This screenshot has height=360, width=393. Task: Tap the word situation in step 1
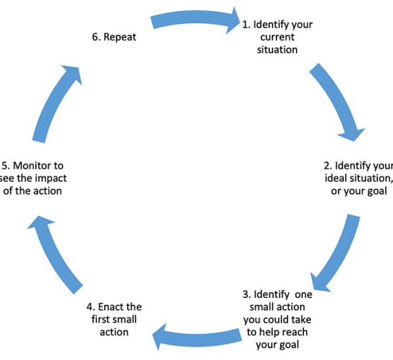point(278,49)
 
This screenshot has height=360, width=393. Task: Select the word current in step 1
point(278,37)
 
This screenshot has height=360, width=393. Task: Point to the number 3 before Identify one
point(246,295)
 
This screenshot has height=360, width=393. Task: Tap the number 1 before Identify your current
point(245,25)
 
